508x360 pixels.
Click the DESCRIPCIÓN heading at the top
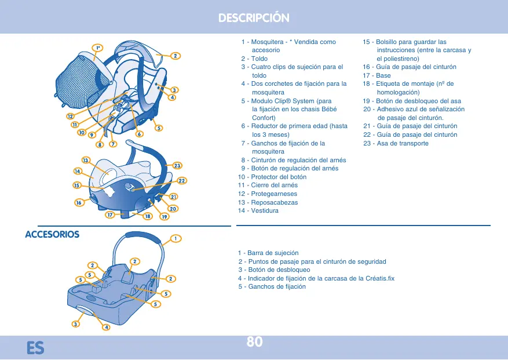tap(254, 18)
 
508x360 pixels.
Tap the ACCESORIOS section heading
tap(52, 235)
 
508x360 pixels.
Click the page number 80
tap(254, 342)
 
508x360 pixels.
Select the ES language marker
tap(35, 347)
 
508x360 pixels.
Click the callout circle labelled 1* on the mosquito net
tap(99, 48)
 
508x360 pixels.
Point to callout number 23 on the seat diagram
tap(178, 166)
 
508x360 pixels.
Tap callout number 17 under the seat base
tap(109, 215)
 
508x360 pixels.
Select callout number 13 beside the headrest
tap(86, 160)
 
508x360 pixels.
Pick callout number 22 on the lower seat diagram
tap(181, 181)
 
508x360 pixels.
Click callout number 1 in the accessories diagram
tap(175, 238)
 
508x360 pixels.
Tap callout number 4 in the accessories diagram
tap(107, 328)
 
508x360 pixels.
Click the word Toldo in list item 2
tap(260, 59)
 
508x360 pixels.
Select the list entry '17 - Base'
tap(377, 75)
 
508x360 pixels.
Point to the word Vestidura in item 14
tap(265, 210)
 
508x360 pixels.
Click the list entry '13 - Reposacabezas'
tap(268, 202)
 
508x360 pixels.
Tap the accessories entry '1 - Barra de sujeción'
tap(268, 253)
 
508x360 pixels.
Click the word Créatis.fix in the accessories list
tap(378, 278)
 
